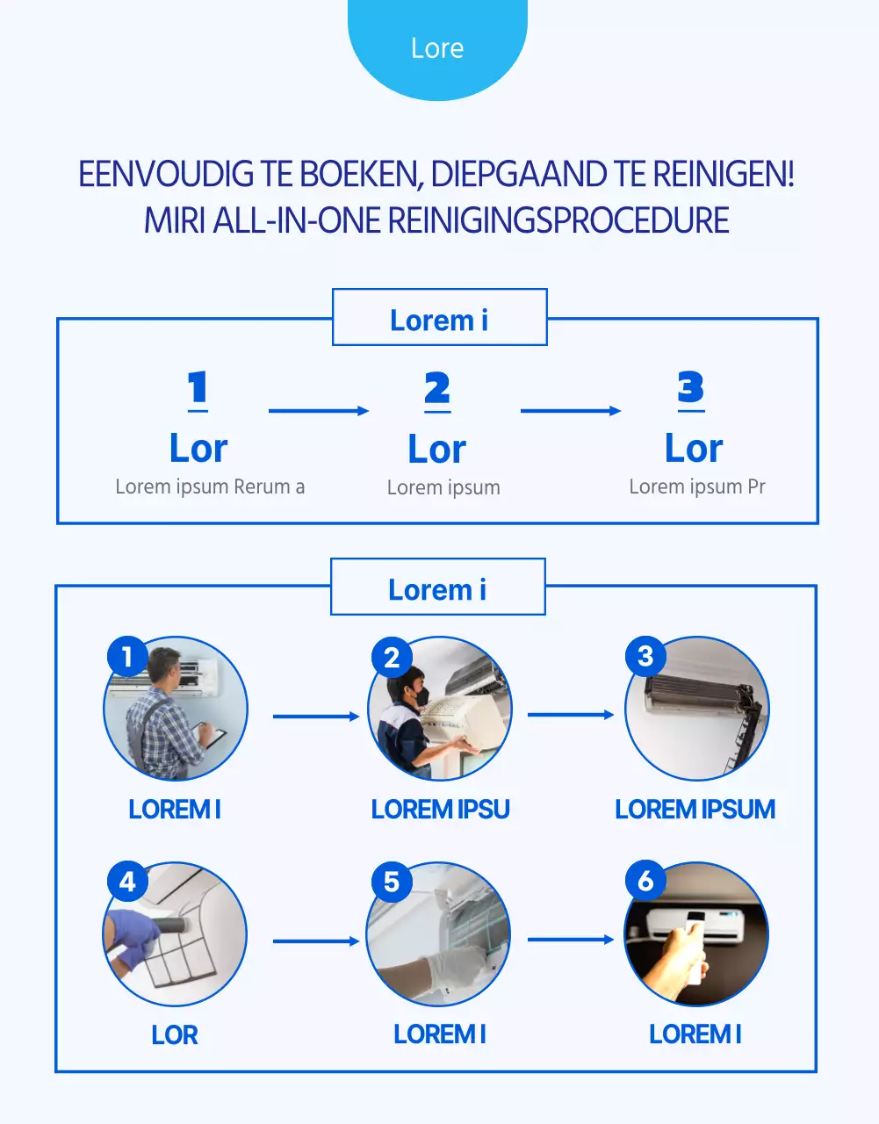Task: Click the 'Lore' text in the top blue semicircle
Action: tap(437, 48)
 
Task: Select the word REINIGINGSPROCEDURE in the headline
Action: tap(558, 220)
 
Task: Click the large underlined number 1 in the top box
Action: tap(198, 389)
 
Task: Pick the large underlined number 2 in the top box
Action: tap(437, 389)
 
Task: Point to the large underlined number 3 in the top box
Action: tap(691, 388)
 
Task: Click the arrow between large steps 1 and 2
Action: tap(318, 410)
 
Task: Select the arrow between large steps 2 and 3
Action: tap(570, 410)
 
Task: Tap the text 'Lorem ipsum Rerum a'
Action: tap(210, 486)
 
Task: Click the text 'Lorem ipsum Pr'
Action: tap(697, 486)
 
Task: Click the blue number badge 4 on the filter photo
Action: tap(127, 881)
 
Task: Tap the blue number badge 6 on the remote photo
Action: tap(645, 881)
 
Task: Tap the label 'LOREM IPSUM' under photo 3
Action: tap(695, 809)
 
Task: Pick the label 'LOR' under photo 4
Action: tap(175, 1034)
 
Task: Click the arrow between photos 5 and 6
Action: tap(570, 940)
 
